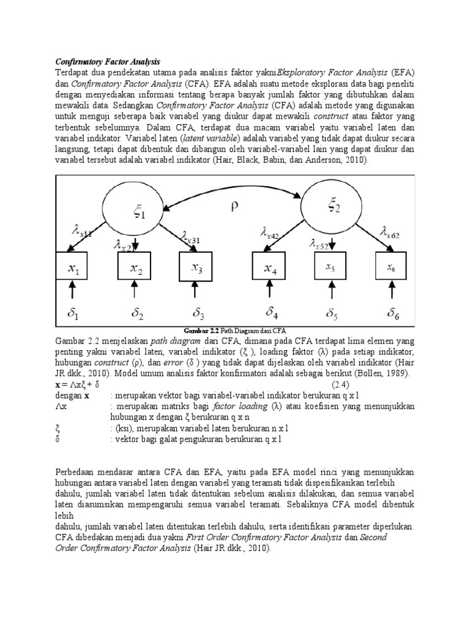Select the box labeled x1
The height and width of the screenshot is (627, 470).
73,268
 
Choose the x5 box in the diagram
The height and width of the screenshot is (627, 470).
331,268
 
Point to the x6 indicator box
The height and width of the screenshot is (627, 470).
392,268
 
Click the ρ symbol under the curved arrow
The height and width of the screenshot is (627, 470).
234,208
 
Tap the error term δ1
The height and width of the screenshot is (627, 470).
73,314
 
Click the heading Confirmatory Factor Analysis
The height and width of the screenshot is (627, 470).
108,62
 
